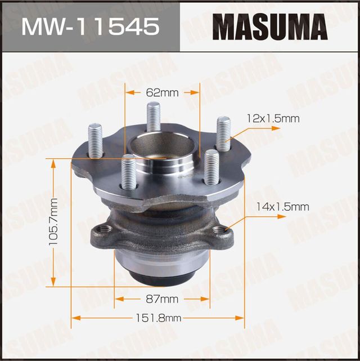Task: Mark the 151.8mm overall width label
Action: click(x=159, y=318)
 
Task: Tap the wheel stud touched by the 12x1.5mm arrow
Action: click(x=223, y=133)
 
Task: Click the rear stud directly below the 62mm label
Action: click(x=154, y=117)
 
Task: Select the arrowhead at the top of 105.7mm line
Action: click(x=54, y=163)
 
